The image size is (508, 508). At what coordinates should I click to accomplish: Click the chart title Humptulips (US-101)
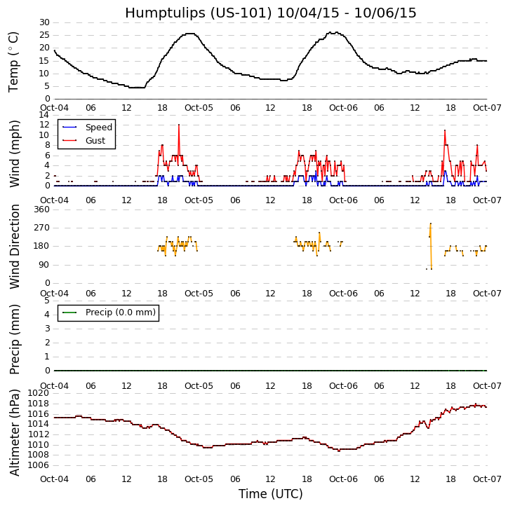point(270,13)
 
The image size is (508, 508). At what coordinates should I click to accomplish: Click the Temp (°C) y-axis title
point(14,61)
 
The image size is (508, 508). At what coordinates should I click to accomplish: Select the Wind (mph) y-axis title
point(15,153)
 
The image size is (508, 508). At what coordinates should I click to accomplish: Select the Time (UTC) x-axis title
point(270,494)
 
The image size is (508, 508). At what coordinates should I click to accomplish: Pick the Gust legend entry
point(95,141)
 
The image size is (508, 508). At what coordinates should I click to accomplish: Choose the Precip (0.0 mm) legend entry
point(116,313)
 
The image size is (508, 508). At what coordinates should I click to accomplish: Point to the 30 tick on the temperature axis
point(44,22)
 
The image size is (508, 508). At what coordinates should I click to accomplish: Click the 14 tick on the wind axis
point(44,115)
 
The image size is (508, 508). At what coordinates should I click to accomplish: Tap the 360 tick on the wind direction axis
point(41,210)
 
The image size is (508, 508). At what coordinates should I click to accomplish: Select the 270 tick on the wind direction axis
point(41,228)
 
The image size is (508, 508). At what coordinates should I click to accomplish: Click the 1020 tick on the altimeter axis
point(38,393)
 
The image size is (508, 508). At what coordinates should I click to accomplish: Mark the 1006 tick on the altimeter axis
point(38,465)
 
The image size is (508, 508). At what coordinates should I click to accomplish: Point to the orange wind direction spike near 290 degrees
point(430,224)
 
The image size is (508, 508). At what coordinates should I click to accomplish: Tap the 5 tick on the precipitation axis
point(46,301)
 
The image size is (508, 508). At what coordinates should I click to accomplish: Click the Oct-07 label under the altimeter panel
point(486,479)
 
